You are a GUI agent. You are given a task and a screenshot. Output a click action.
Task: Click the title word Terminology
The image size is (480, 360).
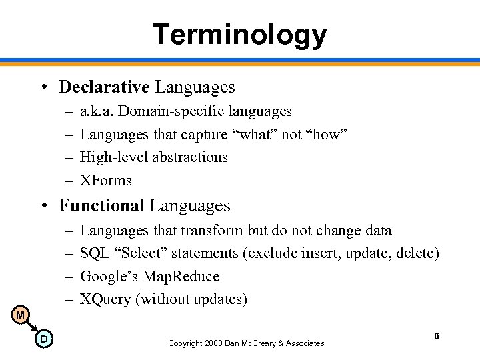(240, 34)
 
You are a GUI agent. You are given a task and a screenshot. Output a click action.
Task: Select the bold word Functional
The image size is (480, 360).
(101, 206)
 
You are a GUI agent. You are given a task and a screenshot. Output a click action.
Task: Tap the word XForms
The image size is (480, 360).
(106, 180)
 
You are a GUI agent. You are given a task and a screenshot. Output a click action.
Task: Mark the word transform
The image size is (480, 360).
(216, 231)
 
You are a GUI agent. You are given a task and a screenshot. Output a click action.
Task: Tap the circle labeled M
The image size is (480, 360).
(21, 314)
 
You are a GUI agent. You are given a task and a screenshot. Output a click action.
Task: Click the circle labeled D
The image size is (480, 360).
(43, 339)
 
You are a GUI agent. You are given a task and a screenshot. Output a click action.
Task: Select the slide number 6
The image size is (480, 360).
(436, 337)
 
